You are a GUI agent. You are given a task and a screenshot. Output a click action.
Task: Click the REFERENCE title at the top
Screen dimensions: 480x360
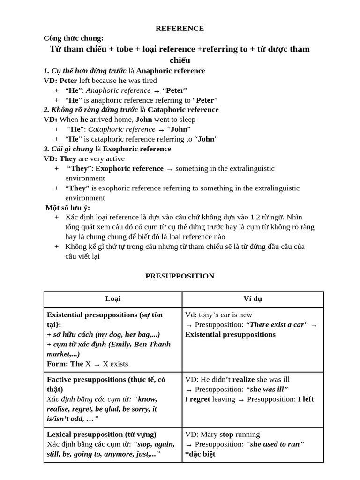180,28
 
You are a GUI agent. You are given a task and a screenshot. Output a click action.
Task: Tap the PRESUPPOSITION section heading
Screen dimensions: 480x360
180,276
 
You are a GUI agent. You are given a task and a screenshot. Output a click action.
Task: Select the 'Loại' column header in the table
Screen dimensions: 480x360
112,299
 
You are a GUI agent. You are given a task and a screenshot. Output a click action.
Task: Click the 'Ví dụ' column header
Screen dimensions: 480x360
253,299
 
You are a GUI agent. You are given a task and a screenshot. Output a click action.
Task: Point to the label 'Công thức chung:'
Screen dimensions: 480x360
74,38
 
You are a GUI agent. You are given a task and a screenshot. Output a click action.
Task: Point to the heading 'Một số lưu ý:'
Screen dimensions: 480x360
68,208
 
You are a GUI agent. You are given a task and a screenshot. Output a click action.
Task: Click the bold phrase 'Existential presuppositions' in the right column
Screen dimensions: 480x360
230,335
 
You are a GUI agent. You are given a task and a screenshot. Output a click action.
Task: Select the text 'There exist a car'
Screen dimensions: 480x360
277,325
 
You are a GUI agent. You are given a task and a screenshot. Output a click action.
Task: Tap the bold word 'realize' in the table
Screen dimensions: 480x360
243,379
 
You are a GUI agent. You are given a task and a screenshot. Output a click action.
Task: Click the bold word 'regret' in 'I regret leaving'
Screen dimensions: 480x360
200,399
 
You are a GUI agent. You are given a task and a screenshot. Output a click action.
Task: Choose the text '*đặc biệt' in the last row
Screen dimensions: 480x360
200,454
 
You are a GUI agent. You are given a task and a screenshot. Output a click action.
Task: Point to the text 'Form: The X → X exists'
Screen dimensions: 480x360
87,364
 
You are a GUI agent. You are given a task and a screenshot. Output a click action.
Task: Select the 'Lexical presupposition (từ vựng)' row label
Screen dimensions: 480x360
102,434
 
